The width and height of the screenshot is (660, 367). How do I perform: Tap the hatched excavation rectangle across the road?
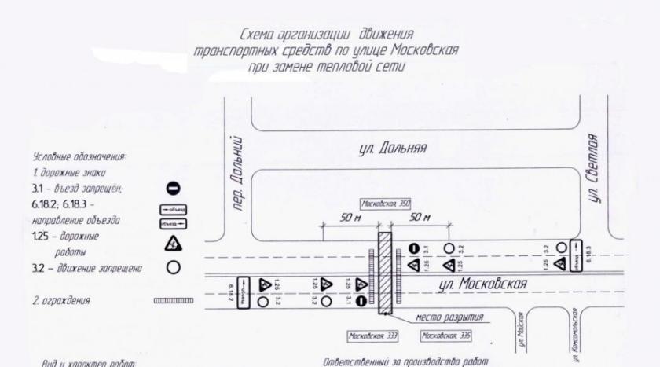coord(385,272)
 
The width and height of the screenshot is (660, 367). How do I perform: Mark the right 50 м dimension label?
coord(421,217)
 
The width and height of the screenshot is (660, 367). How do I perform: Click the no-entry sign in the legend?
coord(174,188)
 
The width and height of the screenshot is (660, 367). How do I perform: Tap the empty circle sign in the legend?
coord(174,268)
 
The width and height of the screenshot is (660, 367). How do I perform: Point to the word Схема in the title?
coord(260,34)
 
